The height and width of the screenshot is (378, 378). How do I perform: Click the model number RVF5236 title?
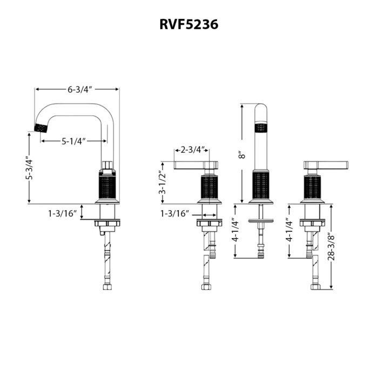coord(188,24)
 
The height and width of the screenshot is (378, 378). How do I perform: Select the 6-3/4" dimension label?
coord(77,89)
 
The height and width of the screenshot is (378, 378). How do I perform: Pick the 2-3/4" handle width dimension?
coord(192,150)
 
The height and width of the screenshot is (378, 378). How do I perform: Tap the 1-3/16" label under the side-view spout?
coord(63,213)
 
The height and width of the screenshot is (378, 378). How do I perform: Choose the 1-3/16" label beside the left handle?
coord(174,214)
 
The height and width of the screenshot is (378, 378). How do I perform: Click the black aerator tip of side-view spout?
coord(41,127)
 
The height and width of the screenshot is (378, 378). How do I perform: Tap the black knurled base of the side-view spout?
coord(107,187)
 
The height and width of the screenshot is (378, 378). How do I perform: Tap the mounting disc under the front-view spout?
coord(262,221)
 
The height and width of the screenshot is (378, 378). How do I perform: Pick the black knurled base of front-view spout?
coord(262,186)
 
